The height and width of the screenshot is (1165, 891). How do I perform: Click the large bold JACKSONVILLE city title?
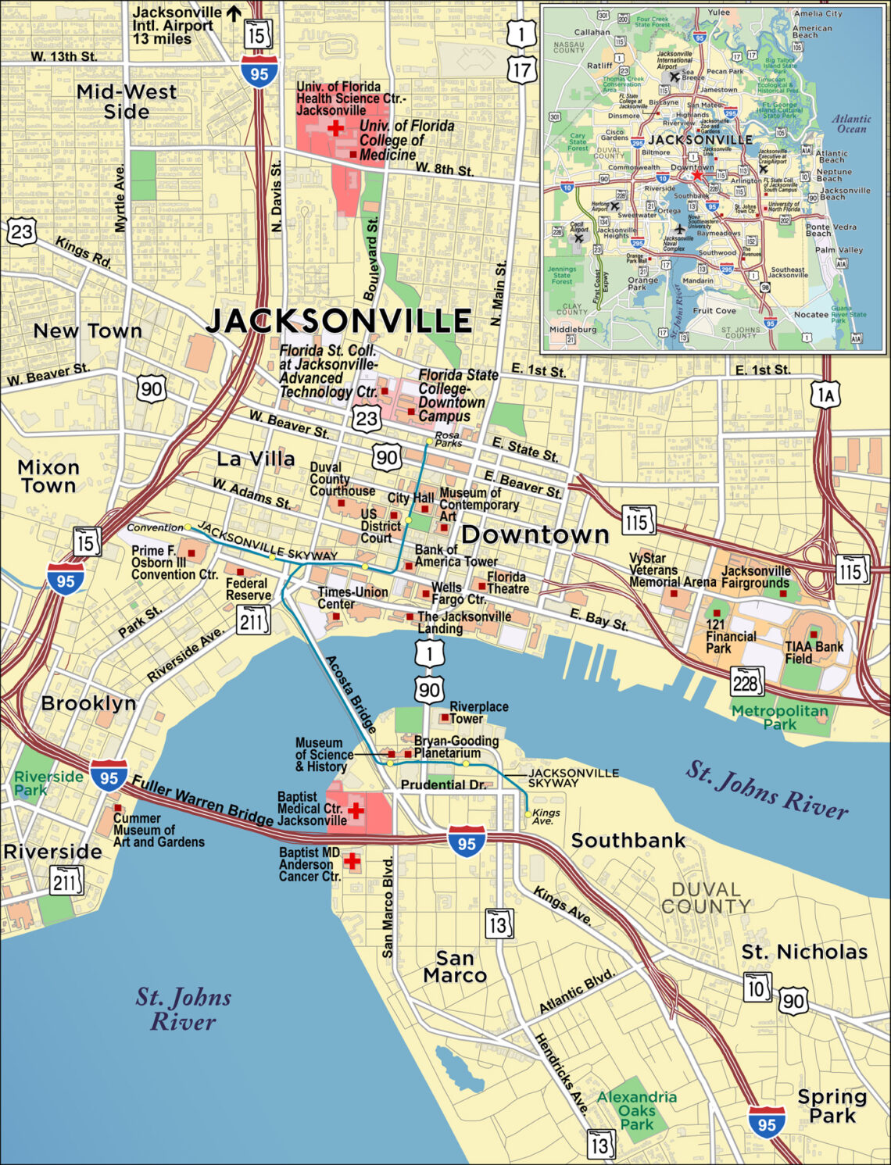(x=338, y=320)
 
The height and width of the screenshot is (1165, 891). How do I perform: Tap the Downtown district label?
(x=535, y=534)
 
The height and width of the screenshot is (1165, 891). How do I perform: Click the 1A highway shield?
(x=825, y=395)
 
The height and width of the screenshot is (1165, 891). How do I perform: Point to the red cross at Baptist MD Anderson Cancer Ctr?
(x=352, y=861)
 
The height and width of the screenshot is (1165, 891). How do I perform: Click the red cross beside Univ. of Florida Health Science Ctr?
(x=335, y=127)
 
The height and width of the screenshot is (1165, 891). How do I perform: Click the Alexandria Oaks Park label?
(x=636, y=1110)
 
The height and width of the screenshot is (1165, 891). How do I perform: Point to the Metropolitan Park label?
(x=779, y=717)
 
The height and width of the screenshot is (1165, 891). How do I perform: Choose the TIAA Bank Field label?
(x=814, y=652)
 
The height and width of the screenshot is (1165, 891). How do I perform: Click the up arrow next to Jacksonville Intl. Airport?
(x=233, y=13)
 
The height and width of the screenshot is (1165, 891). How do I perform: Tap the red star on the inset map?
(x=697, y=175)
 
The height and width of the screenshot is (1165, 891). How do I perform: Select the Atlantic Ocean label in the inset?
(x=850, y=123)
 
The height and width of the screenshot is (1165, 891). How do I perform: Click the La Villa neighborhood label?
(x=256, y=459)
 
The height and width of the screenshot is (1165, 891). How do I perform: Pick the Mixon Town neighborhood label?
(x=48, y=476)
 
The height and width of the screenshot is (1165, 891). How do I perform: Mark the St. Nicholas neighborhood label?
(x=804, y=952)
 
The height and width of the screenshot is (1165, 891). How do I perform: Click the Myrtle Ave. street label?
(x=120, y=198)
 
